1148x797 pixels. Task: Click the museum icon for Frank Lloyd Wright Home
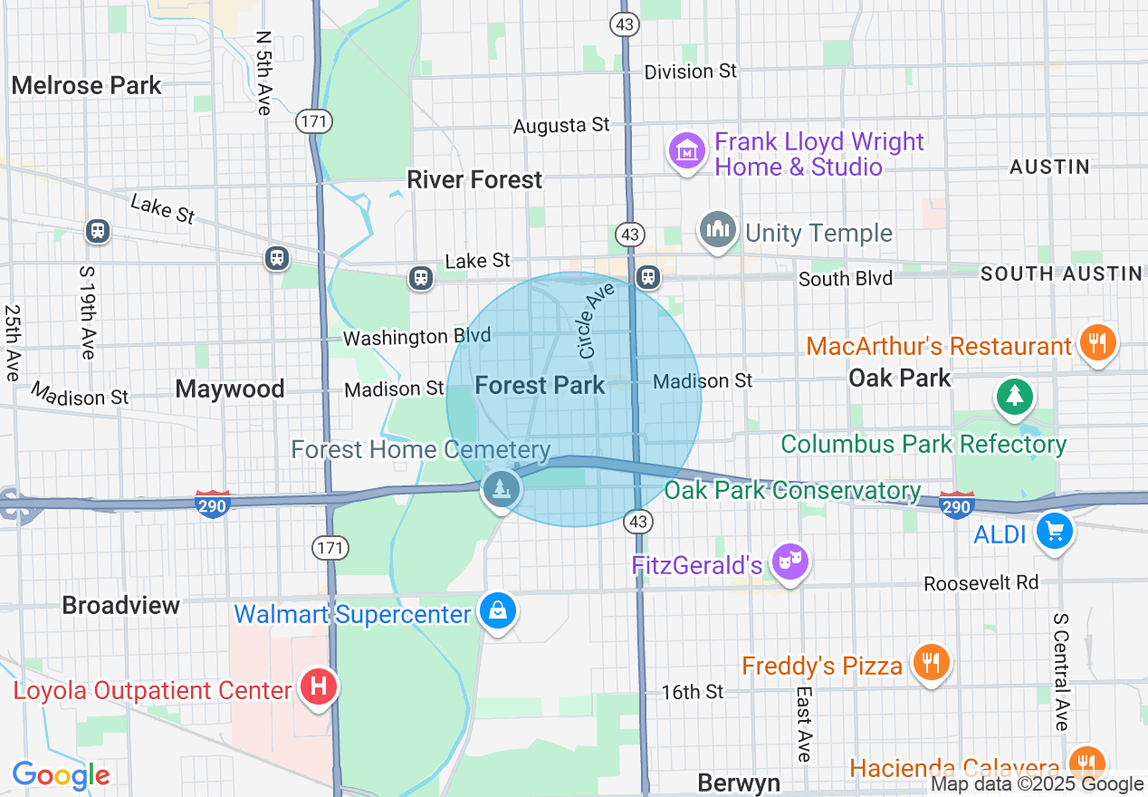point(686,151)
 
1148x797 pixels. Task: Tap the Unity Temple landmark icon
point(718,230)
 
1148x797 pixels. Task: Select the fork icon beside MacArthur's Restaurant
point(1097,343)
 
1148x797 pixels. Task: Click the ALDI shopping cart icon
point(1053,532)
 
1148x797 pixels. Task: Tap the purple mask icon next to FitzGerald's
point(789,562)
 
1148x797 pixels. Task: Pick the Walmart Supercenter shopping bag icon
point(497,611)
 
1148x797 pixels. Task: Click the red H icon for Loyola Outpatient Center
point(318,687)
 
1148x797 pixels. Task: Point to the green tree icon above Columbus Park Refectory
point(1014,395)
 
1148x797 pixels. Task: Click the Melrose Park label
point(86,86)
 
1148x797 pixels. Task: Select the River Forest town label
point(474,179)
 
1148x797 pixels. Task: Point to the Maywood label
point(230,389)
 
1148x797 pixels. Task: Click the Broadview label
point(121,605)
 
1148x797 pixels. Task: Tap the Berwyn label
point(739,782)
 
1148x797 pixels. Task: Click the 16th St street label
point(693,692)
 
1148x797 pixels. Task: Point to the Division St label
point(691,71)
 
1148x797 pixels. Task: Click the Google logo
point(61,775)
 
